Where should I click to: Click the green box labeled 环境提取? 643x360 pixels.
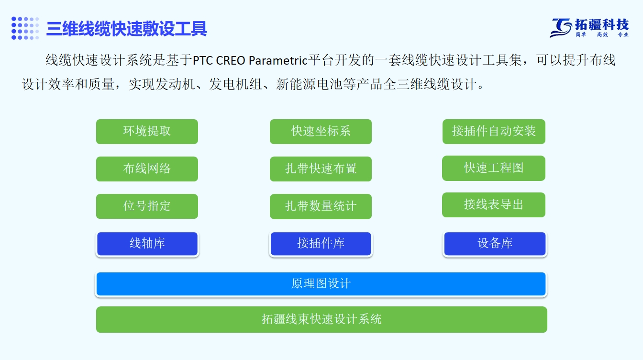click(147, 132)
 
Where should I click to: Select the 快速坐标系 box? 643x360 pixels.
click(321, 132)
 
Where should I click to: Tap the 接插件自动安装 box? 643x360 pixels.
click(494, 132)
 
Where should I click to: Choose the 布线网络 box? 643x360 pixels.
click(147, 169)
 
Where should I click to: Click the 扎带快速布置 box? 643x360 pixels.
click(321, 169)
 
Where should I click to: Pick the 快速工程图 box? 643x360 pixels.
click(494, 168)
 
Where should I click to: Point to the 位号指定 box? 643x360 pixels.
click(147, 206)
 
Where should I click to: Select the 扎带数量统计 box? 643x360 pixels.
click(321, 207)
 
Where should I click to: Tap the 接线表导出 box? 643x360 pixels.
click(494, 205)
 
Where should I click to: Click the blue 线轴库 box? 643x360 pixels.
click(147, 244)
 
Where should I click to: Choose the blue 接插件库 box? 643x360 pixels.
click(321, 244)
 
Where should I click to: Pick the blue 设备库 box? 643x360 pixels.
click(495, 244)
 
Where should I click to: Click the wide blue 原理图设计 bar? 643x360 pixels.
click(321, 284)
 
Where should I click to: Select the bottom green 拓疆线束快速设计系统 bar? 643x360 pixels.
click(321, 319)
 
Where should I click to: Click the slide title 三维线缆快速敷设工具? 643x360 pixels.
click(127, 28)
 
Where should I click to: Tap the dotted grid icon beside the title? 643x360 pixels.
click(25, 28)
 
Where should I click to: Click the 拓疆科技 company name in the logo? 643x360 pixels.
click(602, 25)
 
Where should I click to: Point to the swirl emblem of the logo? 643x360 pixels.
click(561, 28)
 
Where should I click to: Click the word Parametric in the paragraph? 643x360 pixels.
click(278, 61)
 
